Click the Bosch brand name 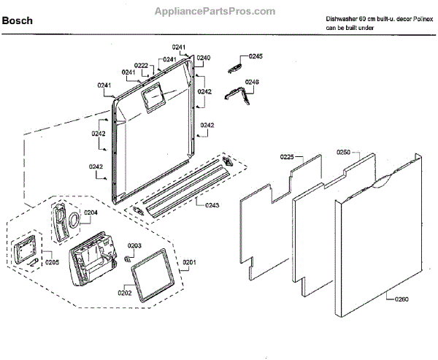[18, 21]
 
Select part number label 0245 [255, 56]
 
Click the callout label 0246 [252, 82]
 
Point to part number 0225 [287, 157]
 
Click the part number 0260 [402, 298]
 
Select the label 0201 [190, 261]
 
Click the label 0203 [135, 246]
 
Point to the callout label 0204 [91, 212]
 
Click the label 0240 [204, 57]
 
